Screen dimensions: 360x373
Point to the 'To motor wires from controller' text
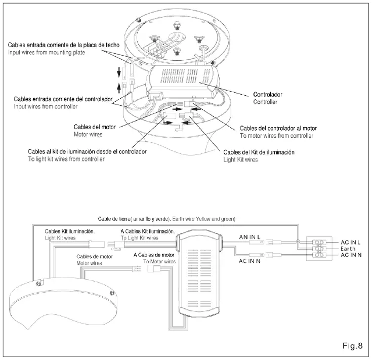pyautogui.click(x=276, y=136)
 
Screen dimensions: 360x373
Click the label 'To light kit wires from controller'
pyautogui.click(x=66, y=159)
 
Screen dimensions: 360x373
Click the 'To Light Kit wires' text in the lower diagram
pyautogui.click(x=139, y=237)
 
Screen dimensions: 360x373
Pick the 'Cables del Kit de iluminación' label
pyautogui.click(x=259, y=152)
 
